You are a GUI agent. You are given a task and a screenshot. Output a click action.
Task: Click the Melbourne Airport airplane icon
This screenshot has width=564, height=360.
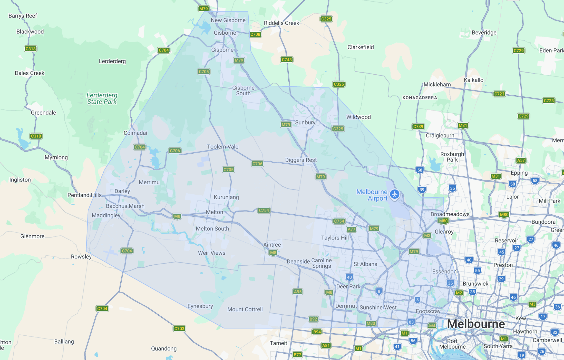coord(395,194)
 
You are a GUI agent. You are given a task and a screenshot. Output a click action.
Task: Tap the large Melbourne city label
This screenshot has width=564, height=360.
coord(476,324)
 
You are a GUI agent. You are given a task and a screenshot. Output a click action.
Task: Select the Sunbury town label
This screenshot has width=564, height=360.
coord(305,122)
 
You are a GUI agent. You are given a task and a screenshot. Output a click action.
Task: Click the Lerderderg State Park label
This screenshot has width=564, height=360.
coord(102,98)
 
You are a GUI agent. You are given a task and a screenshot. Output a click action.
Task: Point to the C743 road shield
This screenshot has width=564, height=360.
coord(287,60)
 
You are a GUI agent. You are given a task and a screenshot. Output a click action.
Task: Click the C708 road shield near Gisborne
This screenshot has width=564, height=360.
coord(255,34)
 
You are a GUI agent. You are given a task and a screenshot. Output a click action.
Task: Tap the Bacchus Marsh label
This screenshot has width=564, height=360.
coord(125,206)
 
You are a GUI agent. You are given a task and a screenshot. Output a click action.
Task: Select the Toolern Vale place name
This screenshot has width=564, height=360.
coord(222,147)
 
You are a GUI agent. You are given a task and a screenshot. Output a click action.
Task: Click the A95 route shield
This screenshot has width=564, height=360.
coord(298,292)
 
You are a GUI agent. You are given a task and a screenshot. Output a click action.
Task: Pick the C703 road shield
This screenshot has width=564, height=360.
coord(179,328)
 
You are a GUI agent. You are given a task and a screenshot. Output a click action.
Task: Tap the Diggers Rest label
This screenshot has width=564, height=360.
coord(301,160)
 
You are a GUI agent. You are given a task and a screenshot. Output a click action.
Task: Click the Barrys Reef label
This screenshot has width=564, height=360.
coord(23,16)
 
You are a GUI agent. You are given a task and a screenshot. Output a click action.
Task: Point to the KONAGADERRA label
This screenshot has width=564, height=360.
coord(420,98)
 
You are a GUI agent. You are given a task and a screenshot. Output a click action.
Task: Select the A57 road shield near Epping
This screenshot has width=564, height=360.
coord(521,160)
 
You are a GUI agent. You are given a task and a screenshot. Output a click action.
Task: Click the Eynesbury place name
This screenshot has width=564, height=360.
coord(200,306)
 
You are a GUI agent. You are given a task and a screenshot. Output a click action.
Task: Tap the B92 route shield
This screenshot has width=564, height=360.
coord(313,319)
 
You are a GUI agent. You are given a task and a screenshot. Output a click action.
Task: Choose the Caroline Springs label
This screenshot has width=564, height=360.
coord(322,263)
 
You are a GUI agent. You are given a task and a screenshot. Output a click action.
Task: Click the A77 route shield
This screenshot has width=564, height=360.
coord(351,229)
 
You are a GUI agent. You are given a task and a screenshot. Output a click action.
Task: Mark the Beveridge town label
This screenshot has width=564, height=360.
coord(484,33)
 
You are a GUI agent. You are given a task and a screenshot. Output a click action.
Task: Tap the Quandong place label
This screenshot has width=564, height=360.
coord(164,348)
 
